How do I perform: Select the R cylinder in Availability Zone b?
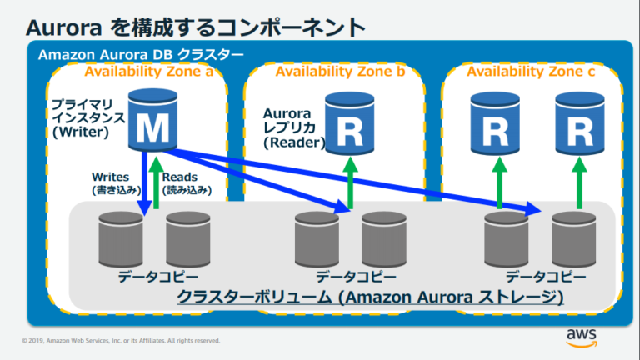pos(348,122)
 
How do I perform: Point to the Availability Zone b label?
pos(339,72)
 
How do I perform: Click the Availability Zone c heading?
pos(530,72)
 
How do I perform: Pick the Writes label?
pos(110,177)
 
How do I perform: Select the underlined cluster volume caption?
pos(370,297)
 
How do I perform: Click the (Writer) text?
pos(76,131)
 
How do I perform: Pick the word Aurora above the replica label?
pos(287,112)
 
